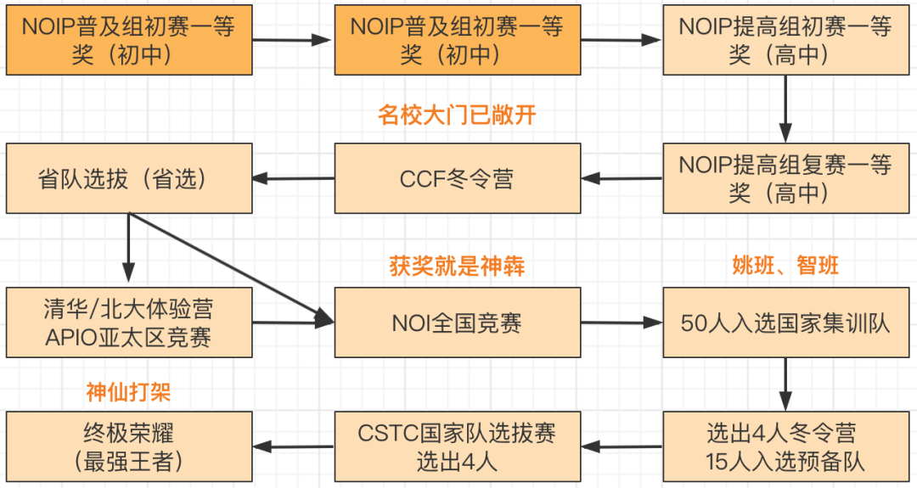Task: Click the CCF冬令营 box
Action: [457, 179]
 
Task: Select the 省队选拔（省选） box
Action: [129, 179]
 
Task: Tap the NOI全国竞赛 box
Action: [457, 323]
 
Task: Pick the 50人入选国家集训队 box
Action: [785, 323]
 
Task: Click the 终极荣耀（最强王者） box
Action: [129, 447]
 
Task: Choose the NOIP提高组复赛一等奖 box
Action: [785, 179]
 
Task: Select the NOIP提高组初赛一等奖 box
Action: [785, 41]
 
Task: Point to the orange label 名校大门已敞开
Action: [457, 115]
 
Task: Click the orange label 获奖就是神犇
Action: [457, 266]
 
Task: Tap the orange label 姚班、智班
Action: [785, 266]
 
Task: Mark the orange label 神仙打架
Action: [135, 391]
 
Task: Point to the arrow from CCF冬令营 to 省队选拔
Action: [293, 179]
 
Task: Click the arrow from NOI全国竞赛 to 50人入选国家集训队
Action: [621, 323]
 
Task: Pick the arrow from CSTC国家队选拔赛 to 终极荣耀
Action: [293, 447]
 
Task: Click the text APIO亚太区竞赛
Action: [129, 337]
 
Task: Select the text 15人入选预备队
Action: [785, 462]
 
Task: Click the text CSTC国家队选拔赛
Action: [457, 433]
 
